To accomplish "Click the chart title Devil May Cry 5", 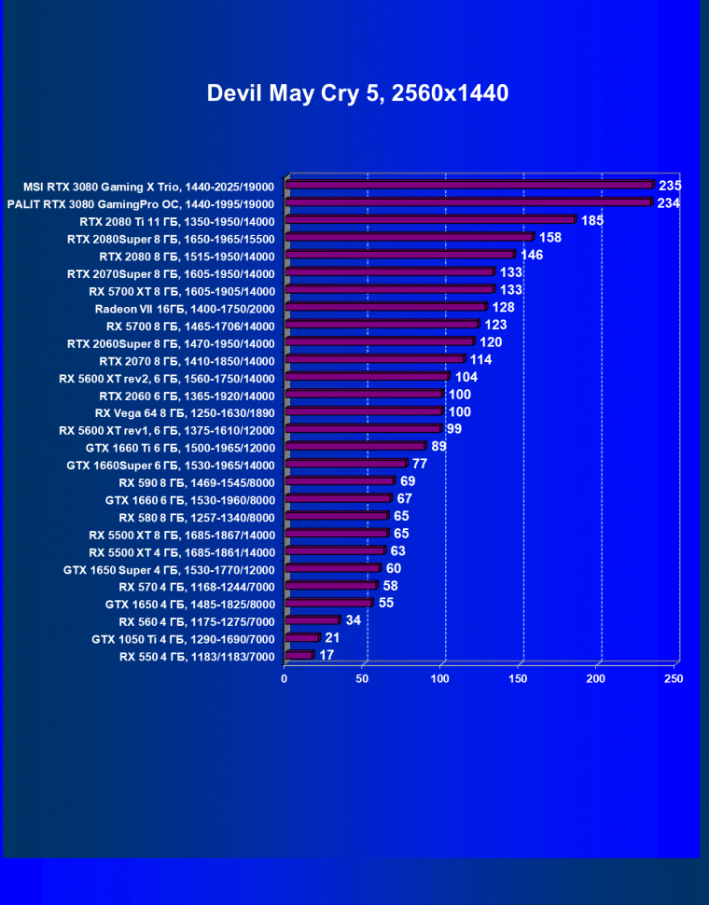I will click(357, 93).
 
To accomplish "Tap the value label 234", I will click(668, 203).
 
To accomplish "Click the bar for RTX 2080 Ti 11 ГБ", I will click(430, 220).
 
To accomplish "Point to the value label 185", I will click(591, 221).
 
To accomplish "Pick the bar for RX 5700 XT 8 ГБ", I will click(389, 290).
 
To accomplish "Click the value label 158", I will click(550, 238).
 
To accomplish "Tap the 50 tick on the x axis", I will click(362, 679).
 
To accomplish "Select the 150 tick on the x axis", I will click(518, 679).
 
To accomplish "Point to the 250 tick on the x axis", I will click(673, 679).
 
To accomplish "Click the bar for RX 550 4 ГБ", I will click(299, 656).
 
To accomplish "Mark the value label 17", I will click(327, 656).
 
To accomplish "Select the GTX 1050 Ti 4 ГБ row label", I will click(183, 639).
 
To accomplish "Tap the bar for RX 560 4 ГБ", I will click(312, 620).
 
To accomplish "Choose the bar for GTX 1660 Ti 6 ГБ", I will click(354, 447).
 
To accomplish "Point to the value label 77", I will click(420, 464).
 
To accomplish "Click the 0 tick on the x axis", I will click(285, 679).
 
